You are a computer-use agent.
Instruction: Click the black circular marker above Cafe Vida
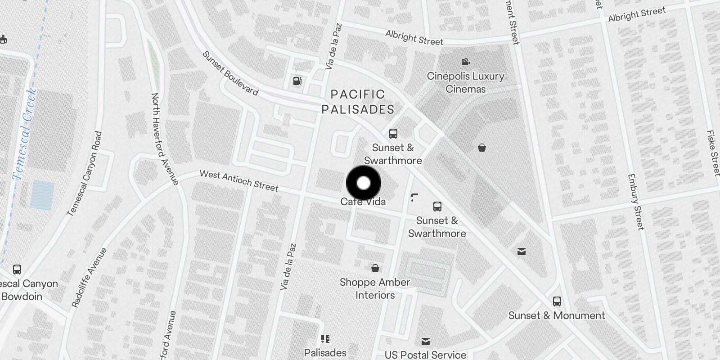tap(364, 184)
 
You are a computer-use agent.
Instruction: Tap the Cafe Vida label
tap(363, 202)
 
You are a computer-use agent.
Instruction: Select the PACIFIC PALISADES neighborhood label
tap(358, 102)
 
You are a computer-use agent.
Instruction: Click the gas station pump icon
tap(297, 81)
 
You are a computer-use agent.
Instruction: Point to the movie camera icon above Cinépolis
tap(465, 62)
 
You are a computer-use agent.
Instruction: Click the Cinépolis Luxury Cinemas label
tap(465, 82)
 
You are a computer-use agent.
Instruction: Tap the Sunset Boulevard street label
tap(230, 73)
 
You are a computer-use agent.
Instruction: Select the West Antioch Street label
tap(239, 180)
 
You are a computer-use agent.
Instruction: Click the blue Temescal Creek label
tap(25, 134)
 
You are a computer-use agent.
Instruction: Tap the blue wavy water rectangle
tap(42, 195)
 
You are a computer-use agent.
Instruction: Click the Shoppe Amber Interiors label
tap(375, 288)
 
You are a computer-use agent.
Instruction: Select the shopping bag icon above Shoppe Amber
tap(375, 269)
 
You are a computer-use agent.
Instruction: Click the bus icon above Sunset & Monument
tap(557, 301)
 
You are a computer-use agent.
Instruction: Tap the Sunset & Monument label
tap(557, 315)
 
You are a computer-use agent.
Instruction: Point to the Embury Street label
tap(635, 202)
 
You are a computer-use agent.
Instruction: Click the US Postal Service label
tap(425, 355)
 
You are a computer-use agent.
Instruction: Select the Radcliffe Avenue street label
tap(89, 278)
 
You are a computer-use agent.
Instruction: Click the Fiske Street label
tap(713, 153)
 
